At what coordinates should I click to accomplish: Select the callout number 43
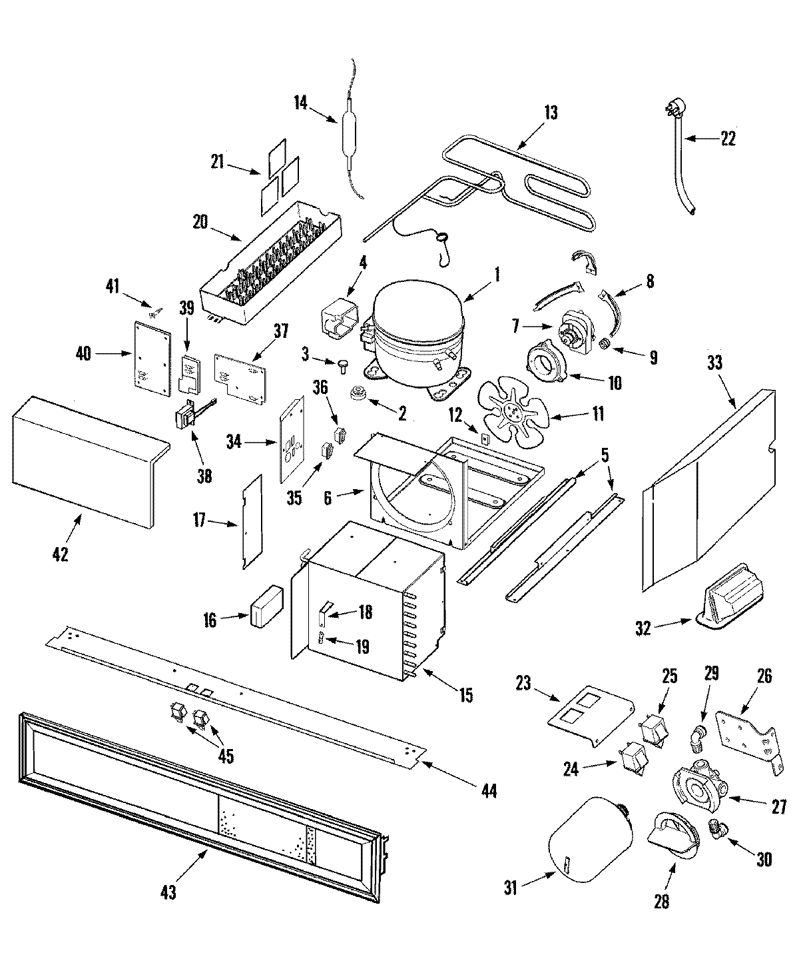(x=168, y=892)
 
